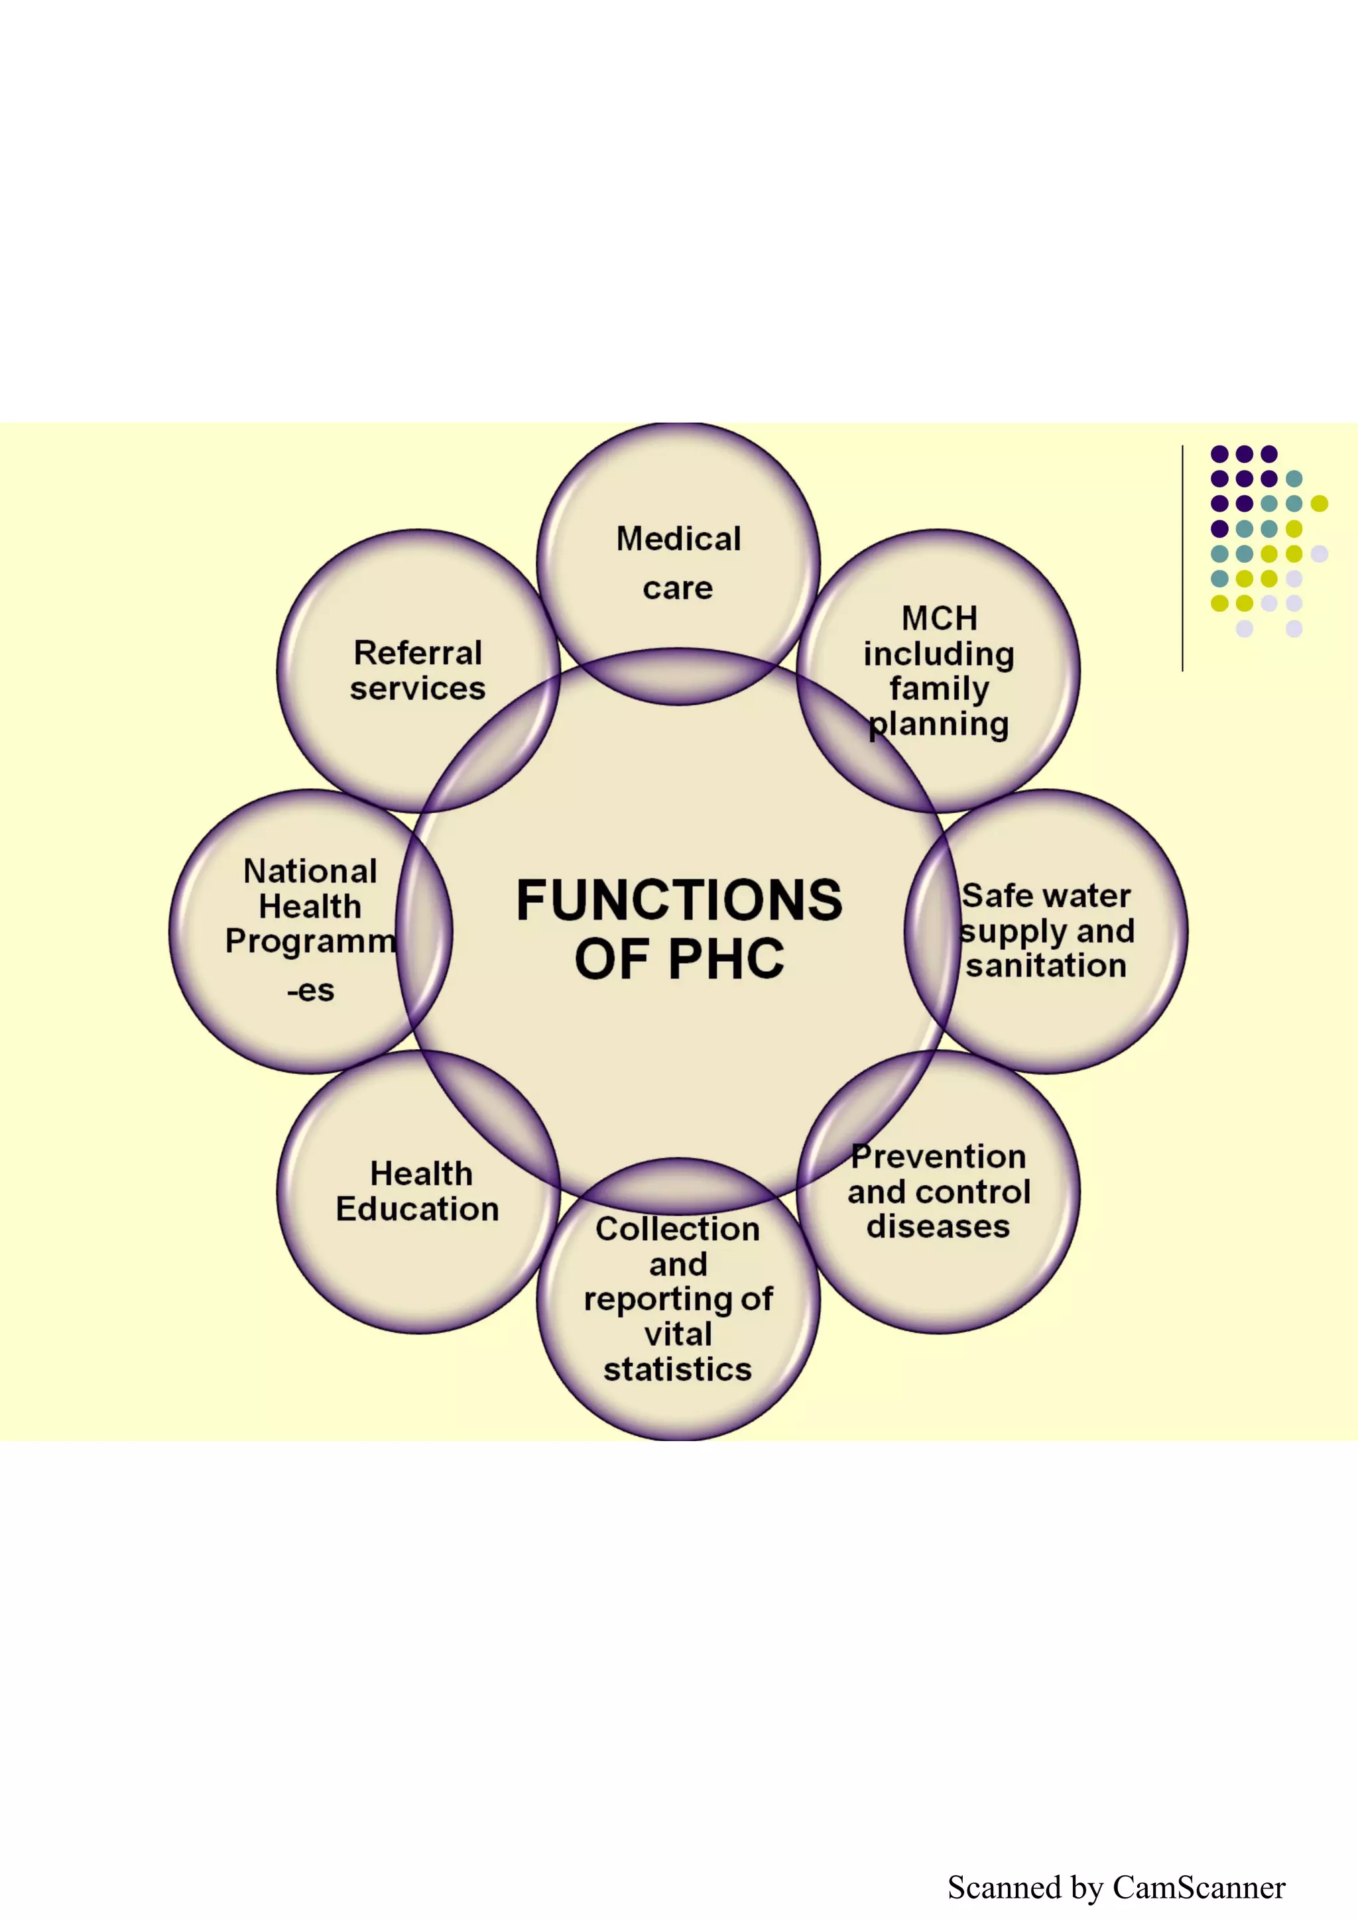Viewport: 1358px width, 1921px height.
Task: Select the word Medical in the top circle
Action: [678, 539]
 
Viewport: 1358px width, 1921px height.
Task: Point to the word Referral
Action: [418, 653]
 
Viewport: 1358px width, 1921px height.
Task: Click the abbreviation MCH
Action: [939, 618]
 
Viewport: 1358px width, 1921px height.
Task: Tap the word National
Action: [310, 871]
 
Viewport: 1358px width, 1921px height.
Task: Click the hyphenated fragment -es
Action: [310, 990]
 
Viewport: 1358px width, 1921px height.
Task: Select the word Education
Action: [418, 1209]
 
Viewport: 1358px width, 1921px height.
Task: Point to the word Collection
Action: [678, 1228]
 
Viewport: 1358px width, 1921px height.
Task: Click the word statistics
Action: [678, 1369]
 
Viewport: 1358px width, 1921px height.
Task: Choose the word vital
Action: [678, 1334]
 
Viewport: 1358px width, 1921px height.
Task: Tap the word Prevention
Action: [939, 1156]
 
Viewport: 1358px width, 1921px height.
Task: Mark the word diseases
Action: [939, 1226]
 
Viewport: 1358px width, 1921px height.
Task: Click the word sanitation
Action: [1046, 966]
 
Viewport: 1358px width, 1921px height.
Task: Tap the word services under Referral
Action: [418, 689]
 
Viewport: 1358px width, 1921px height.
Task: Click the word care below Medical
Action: [678, 588]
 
